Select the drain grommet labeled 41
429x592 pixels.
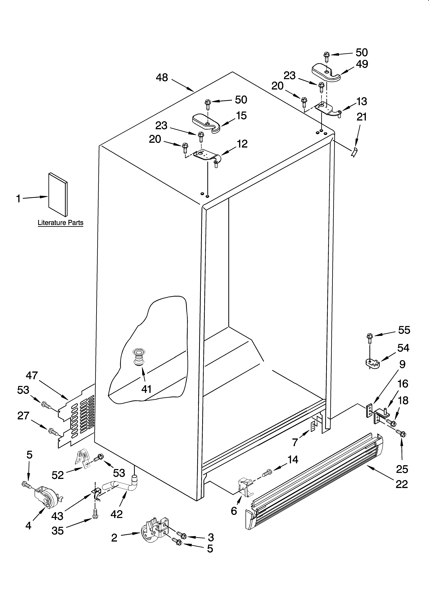pyautogui.click(x=139, y=358)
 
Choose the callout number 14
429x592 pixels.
pyautogui.click(x=293, y=459)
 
